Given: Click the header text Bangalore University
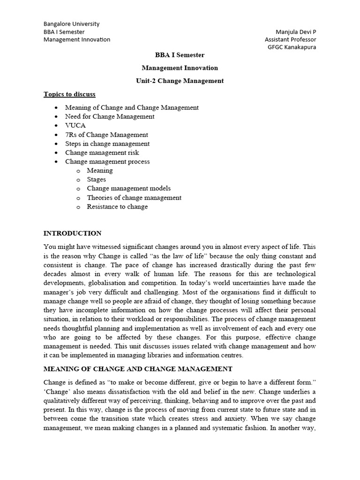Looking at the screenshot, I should [x=71, y=24].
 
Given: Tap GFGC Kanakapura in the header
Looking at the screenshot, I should [x=292, y=47].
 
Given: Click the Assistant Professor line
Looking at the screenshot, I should [x=291, y=40].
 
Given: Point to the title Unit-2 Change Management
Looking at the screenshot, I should [x=180, y=81].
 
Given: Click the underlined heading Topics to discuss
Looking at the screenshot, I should [x=69, y=94].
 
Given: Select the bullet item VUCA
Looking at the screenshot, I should [x=75, y=126].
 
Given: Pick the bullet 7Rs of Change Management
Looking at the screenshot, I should [x=106, y=135].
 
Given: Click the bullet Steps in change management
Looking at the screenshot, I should [x=107, y=143].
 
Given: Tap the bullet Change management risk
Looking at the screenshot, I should [x=102, y=152].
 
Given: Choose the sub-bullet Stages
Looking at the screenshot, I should [x=97, y=180].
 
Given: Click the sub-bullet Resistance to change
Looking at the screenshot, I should [x=117, y=207].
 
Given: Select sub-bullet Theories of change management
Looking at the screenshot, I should [x=134, y=198].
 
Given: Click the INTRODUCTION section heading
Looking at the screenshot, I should [x=72, y=233].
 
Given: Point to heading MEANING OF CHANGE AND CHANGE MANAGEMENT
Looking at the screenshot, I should [x=138, y=369].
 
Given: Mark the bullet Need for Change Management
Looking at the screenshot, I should [x=110, y=117].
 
